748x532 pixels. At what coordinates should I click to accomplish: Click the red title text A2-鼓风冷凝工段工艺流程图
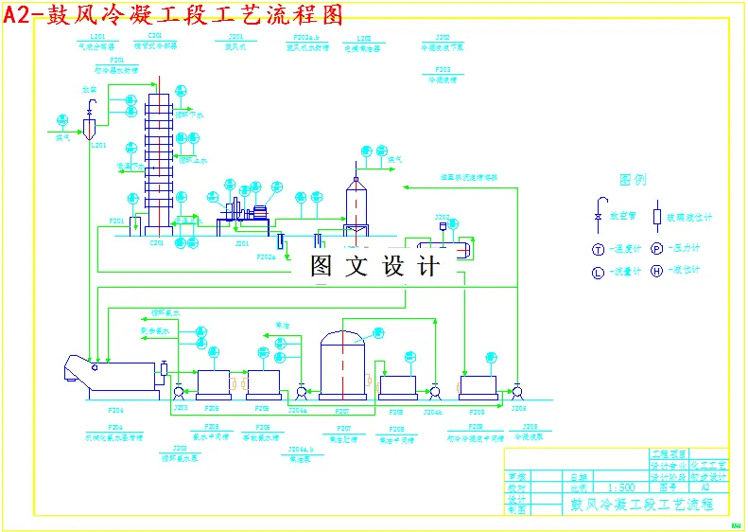tap(173, 13)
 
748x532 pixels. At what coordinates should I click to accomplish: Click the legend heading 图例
tap(633, 179)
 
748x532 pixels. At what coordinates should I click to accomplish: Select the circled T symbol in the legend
tap(598, 249)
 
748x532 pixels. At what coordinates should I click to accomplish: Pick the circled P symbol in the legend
tap(656, 249)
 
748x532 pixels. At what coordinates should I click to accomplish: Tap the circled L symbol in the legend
tap(598, 272)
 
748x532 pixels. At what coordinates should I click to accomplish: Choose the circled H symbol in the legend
tap(656, 272)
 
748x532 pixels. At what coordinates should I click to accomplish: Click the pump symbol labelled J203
tap(180, 390)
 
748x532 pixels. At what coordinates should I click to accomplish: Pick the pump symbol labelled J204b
tap(434, 390)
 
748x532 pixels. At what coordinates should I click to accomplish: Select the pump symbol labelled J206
tap(517, 390)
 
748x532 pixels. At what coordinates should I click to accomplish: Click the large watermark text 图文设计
tap(375, 266)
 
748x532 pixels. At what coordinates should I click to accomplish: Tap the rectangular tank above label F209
tap(478, 385)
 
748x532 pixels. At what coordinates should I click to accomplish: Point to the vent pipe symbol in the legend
tap(598, 210)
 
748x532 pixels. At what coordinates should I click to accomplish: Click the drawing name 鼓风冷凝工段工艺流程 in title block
tap(640, 504)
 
